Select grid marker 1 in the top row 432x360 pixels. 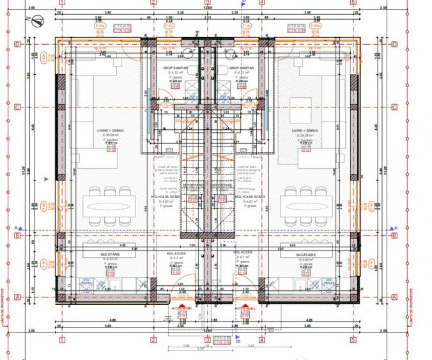click(61, 3)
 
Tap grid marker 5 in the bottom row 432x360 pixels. click(353, 340)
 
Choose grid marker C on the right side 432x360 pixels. click(394, 107)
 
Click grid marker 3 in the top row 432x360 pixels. click(207, 3)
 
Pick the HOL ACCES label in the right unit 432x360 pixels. click(243, 253)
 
